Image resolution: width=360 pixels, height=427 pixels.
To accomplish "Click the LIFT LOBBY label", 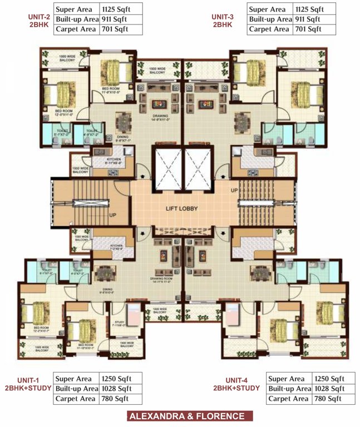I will coord(183,208).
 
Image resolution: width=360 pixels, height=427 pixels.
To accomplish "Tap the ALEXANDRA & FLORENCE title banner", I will coord(186,416).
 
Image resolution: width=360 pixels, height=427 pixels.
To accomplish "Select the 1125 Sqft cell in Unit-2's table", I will coord(119,9).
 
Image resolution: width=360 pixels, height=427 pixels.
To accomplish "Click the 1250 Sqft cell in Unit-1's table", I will coord(116,379).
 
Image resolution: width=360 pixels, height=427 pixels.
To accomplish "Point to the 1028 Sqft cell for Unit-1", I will coord(116,389).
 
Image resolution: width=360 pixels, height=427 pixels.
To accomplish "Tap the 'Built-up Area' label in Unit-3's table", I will coord(270,19).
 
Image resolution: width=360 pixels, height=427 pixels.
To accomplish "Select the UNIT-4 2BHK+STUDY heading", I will coord(237,384).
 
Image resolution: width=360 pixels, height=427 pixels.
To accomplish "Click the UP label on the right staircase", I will coord(233,191).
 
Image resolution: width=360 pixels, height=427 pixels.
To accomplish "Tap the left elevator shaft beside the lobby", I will coord(167,167).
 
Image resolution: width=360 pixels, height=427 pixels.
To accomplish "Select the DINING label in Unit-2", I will coord(122,136).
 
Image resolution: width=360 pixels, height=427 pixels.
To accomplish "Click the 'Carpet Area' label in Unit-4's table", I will coord(288,399).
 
